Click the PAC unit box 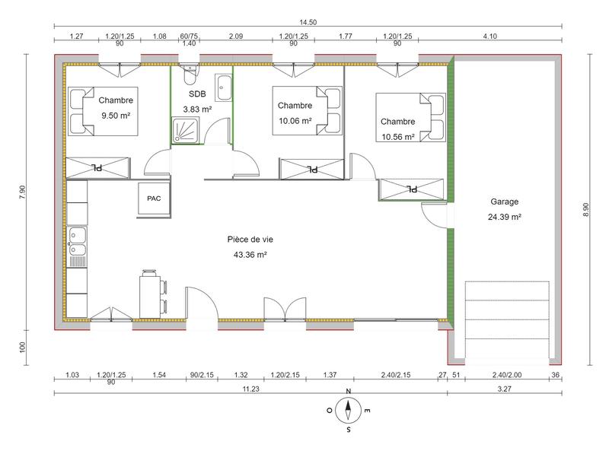click(x=154, y=199)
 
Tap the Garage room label click(x=505, y=202)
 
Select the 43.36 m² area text click(x=250, y=255)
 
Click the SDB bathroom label click(x=197, y=94)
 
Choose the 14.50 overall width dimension click(x=308, y=23)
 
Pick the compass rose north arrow click(x=348, y=411)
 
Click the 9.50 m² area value click(x=116, y=116)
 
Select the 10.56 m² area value click(x=397, y=138)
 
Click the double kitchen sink click(x=76, y=241)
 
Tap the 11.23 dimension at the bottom click(x=251, y=388)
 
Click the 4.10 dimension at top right click(x=510, y=36)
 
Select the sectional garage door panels click(x=507, y=320)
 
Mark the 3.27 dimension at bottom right click(x=505, y=388)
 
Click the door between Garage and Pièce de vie click(x=435, y=217)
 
